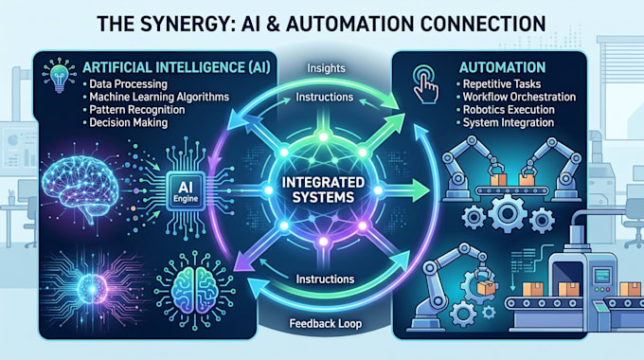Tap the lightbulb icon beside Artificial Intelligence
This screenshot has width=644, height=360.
60,76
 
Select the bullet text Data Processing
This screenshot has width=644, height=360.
128,84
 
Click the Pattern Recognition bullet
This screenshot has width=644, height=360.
137,110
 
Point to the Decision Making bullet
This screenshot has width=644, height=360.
129,122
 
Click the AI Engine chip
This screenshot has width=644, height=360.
186,191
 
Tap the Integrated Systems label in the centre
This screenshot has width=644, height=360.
323,189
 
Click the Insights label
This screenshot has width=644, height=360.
326,68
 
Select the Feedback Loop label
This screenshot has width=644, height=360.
326,323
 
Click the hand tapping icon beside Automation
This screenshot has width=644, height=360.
425,84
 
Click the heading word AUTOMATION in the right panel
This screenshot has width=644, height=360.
502,67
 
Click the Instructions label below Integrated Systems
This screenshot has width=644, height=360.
325,279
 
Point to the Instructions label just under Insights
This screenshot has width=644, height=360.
325,97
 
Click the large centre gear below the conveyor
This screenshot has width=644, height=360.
507,213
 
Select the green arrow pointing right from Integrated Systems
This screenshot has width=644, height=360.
403,190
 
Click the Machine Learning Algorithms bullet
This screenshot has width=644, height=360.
159,97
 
